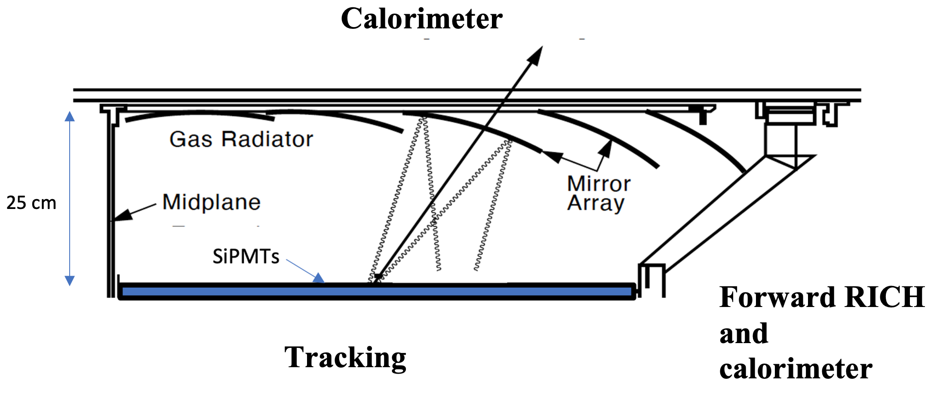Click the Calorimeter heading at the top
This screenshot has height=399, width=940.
point(421,19)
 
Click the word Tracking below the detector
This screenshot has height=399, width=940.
point(345,358)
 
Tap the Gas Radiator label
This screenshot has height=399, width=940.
point(241,139)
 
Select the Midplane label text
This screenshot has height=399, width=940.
point(211,202)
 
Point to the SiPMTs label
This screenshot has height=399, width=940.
point(246,257)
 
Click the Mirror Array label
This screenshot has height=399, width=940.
point(598,193)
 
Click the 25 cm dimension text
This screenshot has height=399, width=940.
point(31,203)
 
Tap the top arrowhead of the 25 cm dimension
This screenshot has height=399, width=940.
point(70,116)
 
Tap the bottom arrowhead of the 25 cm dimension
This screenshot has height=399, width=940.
point(70,281)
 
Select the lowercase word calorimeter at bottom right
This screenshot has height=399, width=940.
point(796,369)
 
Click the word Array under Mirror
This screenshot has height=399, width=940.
point(596,203)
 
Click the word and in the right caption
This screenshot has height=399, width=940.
point(743,334)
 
